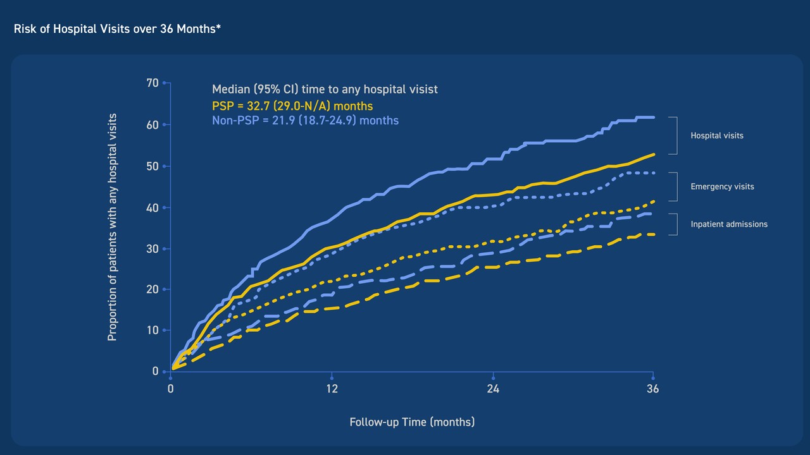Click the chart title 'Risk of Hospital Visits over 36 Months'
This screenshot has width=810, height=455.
[x=117, y=29]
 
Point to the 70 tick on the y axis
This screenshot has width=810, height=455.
[x=153, y=83]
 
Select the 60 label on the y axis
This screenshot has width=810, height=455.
[x=153, y=125]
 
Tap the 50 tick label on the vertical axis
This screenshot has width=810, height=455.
[x=153, y=166]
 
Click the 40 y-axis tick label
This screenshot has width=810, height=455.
[x=153, y=208]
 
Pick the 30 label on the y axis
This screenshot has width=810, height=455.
[x=153, y=249]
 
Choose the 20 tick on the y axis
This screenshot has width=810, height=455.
[x=153, y=289]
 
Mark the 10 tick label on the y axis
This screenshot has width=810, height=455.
[x=153, y=331]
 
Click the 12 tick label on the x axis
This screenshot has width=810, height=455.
[x=332, y=389]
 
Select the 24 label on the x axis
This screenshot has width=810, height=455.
[x=493, y=389]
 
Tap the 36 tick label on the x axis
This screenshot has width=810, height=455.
[x=652, y=389]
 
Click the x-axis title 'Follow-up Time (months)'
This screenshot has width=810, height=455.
[x=412, y=422]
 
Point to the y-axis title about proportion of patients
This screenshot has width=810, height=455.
[x=113, y=227]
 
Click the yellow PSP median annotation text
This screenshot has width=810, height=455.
[x=292, y=106]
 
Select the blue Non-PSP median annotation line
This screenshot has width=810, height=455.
[x=305, y=120]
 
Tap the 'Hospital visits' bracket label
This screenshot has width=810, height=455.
[x=717, y=136]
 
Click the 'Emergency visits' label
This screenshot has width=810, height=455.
[x=723, y=186]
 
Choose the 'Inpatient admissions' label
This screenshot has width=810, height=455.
[x=729, y=224]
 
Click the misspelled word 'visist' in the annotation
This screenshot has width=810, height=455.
[x=421, y=89]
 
